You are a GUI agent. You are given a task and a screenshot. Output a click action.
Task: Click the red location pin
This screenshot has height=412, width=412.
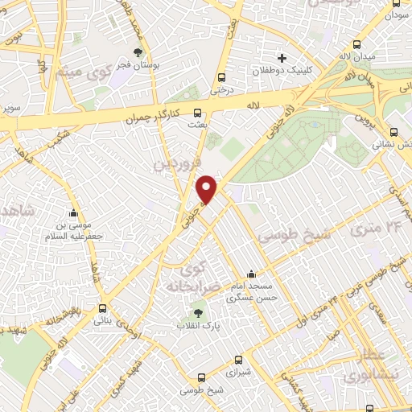(207, 188)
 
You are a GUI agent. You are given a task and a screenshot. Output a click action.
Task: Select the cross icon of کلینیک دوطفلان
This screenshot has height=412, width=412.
(282, 58)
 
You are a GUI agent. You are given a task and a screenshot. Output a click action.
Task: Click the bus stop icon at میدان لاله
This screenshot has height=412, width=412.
(357, 46)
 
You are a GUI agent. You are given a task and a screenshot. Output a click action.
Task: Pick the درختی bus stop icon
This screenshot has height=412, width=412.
(221, 78)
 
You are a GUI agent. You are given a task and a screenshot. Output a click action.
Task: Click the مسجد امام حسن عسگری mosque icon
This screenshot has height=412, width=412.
(252, 273)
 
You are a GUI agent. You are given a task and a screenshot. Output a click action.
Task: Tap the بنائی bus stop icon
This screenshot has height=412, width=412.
(102, 307)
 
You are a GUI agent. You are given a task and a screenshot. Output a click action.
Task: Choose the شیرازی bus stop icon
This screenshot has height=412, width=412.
(237, 360)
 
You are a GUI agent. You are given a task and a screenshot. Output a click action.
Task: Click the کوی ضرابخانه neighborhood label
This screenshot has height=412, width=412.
(194, 276)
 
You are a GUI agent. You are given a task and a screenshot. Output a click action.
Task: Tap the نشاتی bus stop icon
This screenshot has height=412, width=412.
(393, 134)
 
